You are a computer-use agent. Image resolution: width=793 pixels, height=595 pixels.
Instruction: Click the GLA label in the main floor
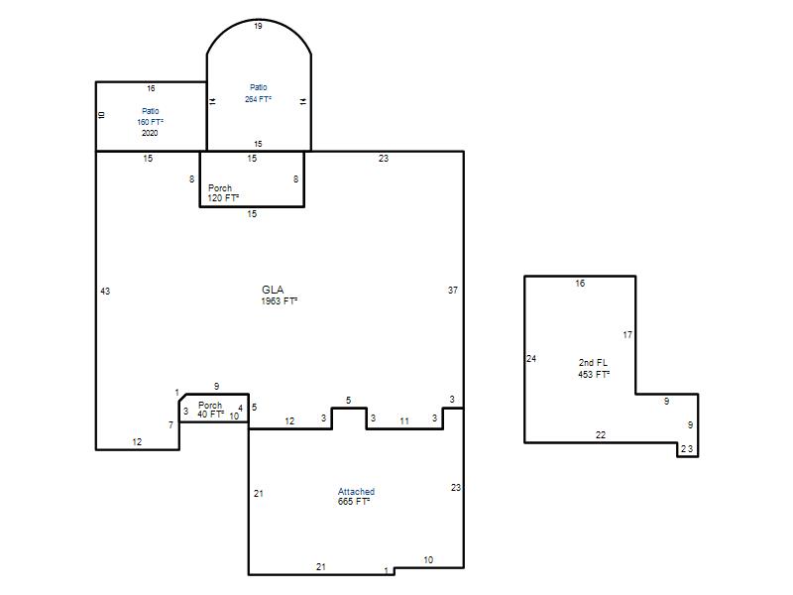click(x=273, y=290)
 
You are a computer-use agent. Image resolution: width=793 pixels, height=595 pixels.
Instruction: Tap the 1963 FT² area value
click(x=280, y=301)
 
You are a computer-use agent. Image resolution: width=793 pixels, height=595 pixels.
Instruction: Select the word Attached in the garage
click(x=356, y=491)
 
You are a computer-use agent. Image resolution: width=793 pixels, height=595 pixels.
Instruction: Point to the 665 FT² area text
click(x=354, y=502)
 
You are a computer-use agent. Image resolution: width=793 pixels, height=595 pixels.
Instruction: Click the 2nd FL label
click(x=593, y=363)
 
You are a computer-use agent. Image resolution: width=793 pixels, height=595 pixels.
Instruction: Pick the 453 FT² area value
click(x=594, y=375)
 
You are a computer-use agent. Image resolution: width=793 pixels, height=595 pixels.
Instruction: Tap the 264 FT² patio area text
click(x=258, y=100)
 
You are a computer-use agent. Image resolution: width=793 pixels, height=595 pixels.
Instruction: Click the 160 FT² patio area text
click(x=151, y=122)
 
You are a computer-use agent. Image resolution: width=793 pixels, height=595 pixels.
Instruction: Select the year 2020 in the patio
click(x=150, y=133)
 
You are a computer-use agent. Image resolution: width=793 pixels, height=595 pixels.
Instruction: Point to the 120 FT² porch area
click(x=223, y=197)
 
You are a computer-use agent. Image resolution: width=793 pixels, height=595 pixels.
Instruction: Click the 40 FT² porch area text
click(x=210, y=415)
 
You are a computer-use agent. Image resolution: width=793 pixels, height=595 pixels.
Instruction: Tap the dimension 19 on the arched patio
click(x=258, y=27)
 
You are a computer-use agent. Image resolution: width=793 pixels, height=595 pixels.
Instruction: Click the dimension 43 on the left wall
click(x=105, y=292)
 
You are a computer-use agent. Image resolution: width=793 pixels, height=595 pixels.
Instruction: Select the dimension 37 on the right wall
click(x=453, y=291)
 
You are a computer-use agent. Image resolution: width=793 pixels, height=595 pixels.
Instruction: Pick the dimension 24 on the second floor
click(x=531, y=359)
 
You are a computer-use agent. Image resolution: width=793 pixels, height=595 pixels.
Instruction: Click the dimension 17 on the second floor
click(x=627, y=335)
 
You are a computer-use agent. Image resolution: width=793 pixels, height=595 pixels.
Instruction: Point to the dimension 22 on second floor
click(x=601, y=435)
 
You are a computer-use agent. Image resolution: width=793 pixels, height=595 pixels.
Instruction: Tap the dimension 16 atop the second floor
click(x=580, y=284)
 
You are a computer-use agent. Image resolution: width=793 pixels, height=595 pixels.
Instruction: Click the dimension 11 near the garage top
click(x=404, y=420)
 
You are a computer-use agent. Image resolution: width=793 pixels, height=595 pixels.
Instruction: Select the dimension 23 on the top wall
click(x=384, y=159)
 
